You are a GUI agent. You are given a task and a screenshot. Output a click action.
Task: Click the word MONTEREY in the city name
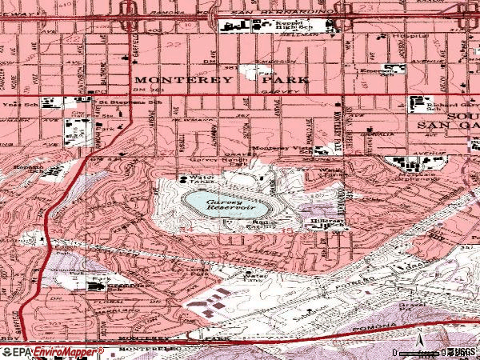(170, 80)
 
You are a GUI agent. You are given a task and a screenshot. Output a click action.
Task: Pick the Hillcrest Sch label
(327, 226)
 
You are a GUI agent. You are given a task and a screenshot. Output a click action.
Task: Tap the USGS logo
(464, 352)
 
